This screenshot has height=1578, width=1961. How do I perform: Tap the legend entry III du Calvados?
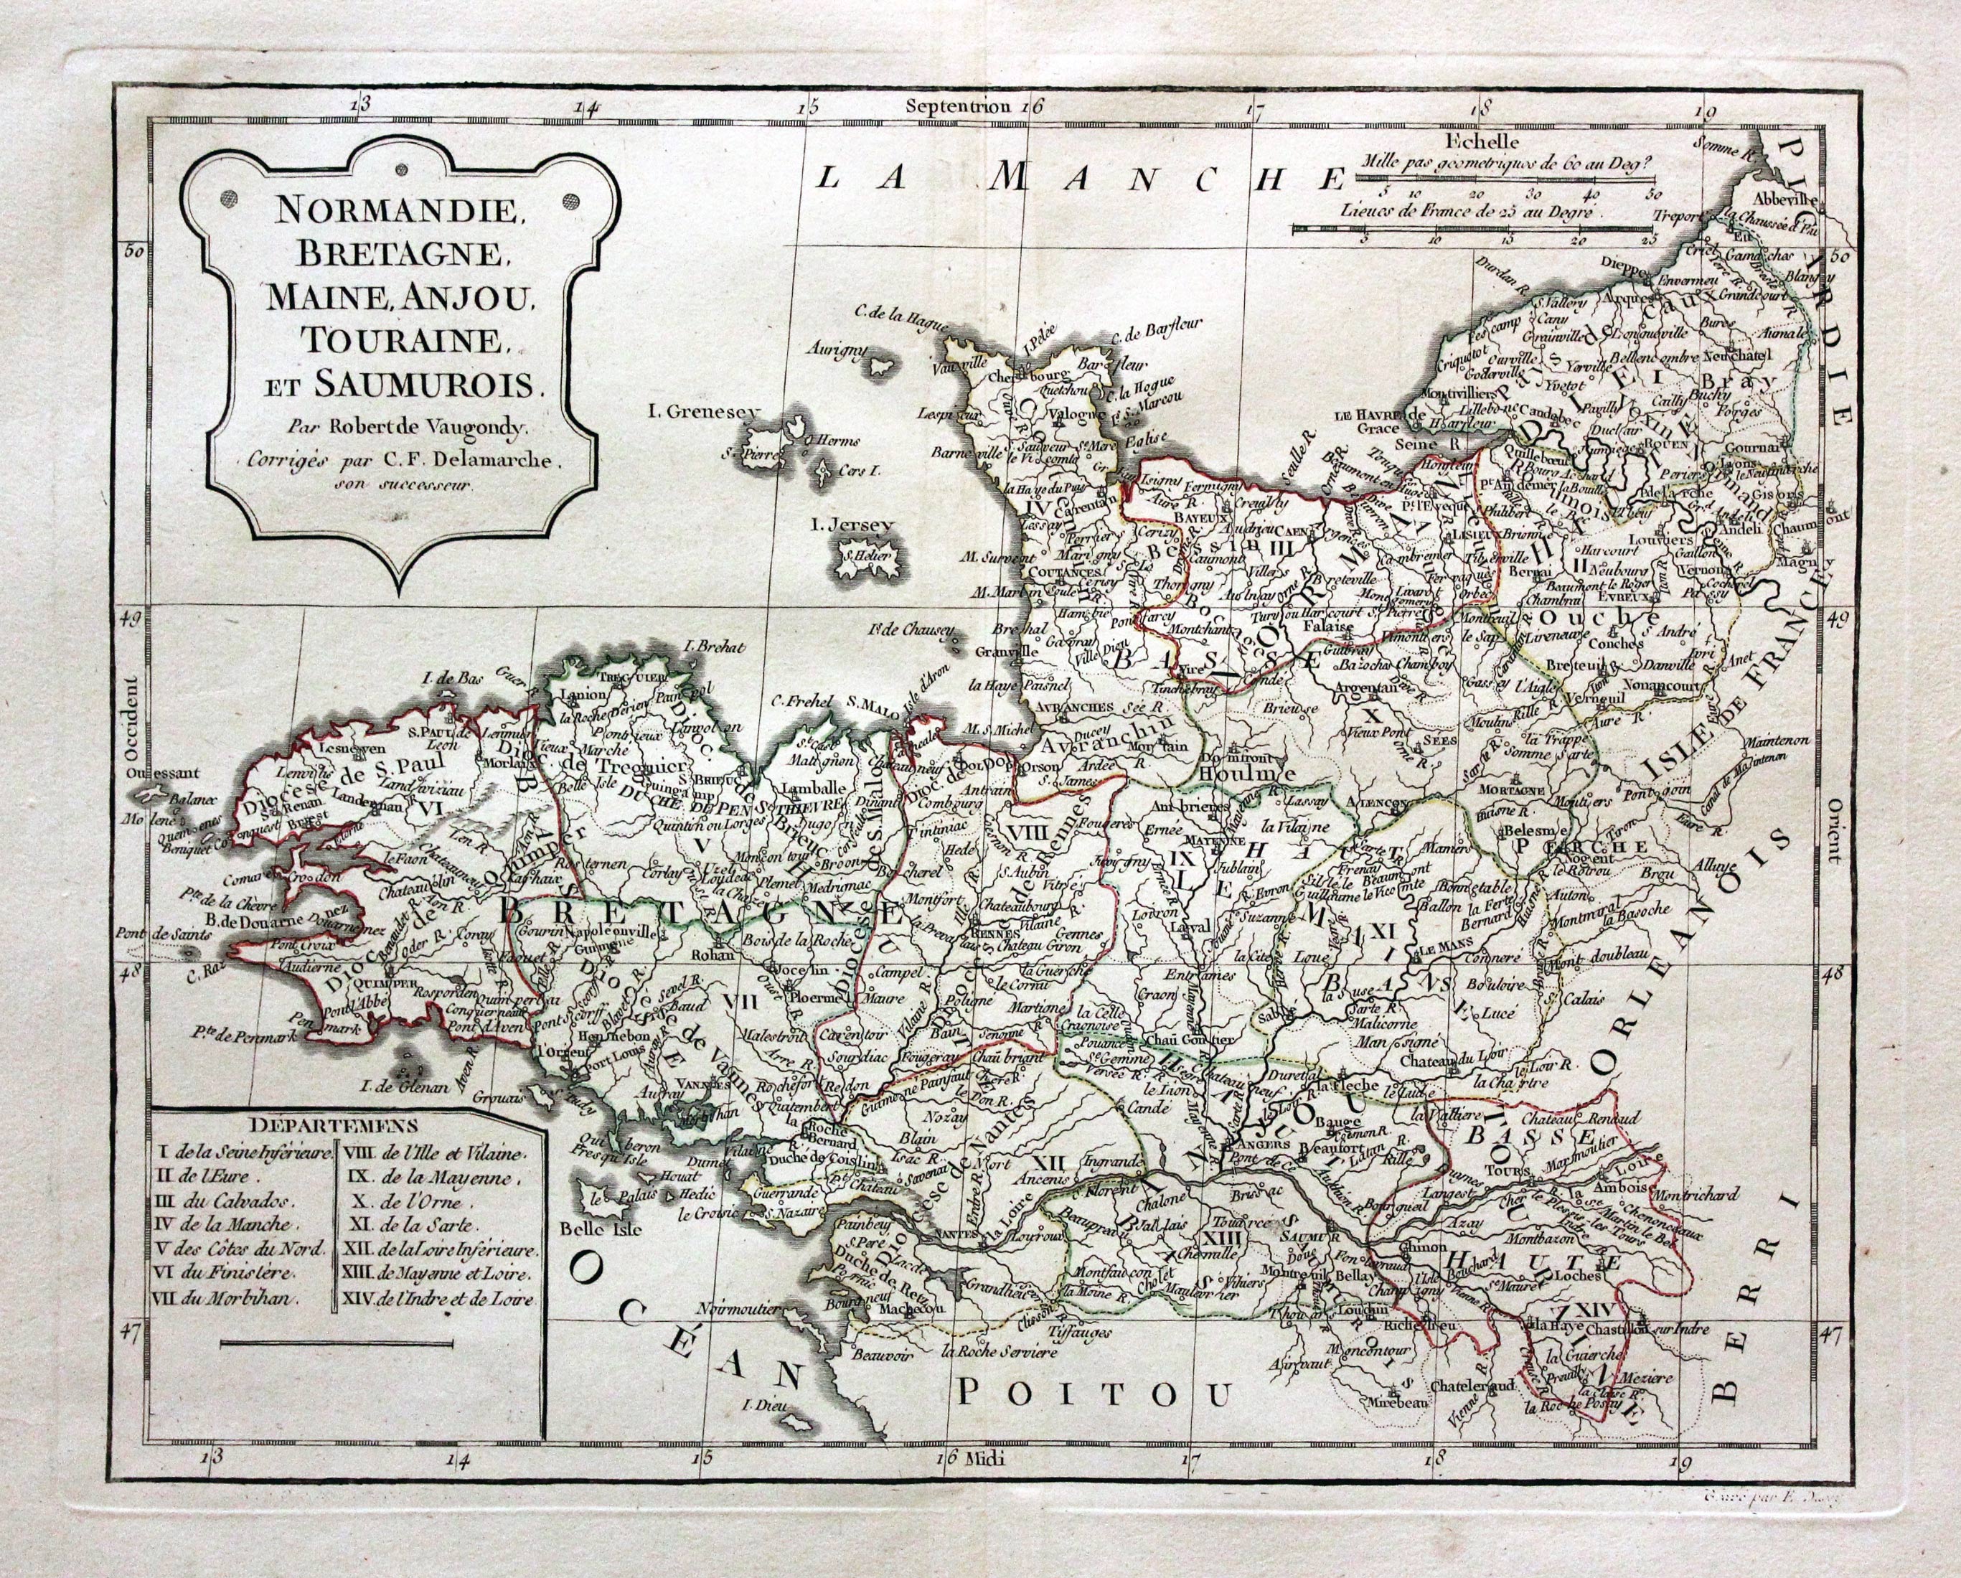point(233,1198)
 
